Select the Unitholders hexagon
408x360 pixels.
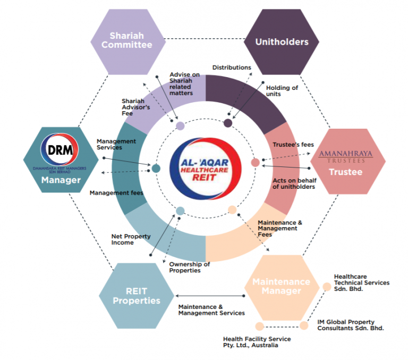tap(282, 41)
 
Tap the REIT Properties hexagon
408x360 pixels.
tap(136, 296)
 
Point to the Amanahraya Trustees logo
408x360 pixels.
tap(345, 155)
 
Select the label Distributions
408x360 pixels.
tap(232, 68)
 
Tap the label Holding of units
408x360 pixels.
tap(282, 91)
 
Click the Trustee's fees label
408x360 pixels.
tap(293, 144)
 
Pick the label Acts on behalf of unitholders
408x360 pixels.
tap(294, 183)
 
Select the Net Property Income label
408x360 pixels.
tap(131, 239)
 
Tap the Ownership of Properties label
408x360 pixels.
tap(189, 267)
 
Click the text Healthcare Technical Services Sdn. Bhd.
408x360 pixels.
tap(361, 283)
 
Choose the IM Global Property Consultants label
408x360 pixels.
tap(350, 325)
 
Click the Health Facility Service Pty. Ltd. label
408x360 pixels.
tap(257, 342)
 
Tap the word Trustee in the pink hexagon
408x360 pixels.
tap(345, 172)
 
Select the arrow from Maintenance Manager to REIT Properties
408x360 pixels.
tap(209, 296)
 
